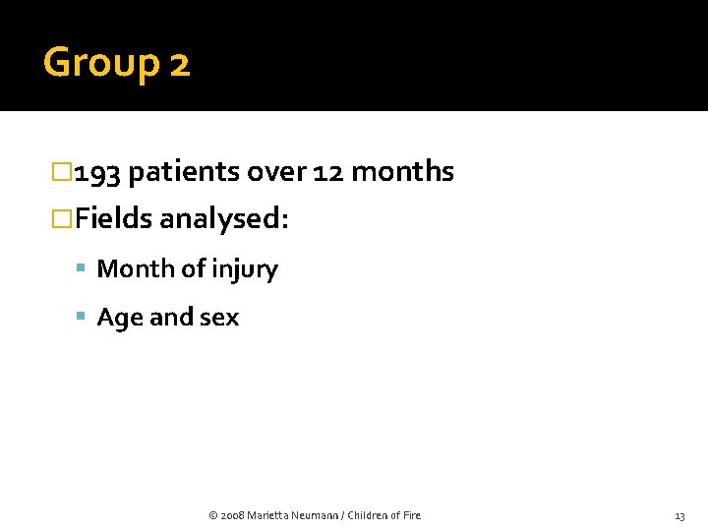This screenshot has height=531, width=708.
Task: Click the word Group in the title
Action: pos(100,64)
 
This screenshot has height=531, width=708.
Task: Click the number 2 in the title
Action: pos(179,65)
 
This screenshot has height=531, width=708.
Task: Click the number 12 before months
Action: pos(329,172)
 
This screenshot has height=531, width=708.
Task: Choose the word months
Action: pos(402,172)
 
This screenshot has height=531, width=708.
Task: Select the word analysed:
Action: pos(223,219)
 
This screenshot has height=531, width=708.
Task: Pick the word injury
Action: pos(246,269)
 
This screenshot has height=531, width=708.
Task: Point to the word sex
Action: pos(219,318)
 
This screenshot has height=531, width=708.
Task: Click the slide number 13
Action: pos(679,516)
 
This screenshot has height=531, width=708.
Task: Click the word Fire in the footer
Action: pos(411,515)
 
